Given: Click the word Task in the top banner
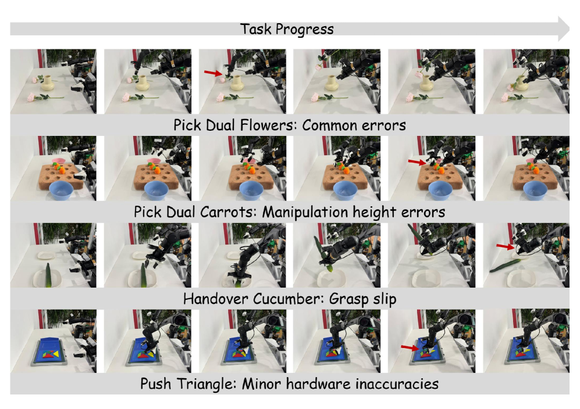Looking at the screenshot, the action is [255, 29].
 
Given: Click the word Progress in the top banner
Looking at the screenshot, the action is [304, 30].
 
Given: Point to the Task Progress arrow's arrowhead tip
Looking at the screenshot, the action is [570, 29].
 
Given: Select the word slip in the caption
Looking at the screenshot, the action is [385, 299].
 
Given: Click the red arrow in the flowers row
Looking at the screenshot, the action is [214, 73].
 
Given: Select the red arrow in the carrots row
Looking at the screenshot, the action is [418, 162].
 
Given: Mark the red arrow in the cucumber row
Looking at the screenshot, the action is [506, 246].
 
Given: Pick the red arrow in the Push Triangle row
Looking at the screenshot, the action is [411, 347].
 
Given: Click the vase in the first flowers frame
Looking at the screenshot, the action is [48, 82].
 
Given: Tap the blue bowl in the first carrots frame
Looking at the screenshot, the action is [61, 190].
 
